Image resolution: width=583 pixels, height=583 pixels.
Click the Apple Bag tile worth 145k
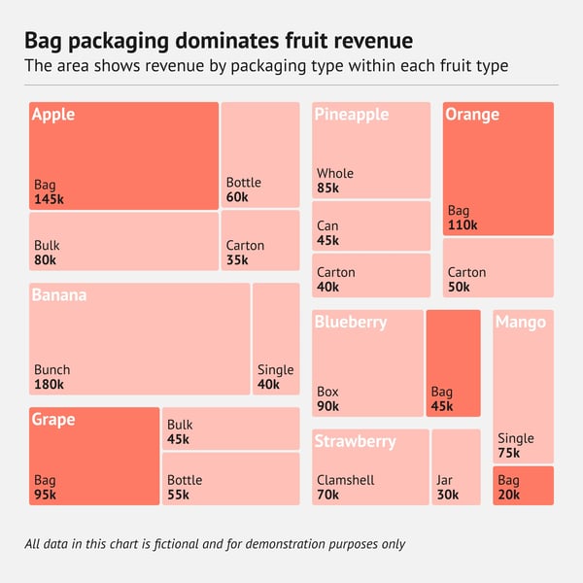[123, 155]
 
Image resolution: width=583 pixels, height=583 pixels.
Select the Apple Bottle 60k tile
[260, 154]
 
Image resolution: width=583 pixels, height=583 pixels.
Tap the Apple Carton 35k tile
[260, 240]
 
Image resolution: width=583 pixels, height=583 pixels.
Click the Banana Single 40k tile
[276, 338]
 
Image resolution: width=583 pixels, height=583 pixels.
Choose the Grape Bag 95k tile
[94, 456]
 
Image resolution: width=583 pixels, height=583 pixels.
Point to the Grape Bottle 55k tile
[231, 478]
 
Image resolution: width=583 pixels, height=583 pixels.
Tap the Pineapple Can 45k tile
[371, 225]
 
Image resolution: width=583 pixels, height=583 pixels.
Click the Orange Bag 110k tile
[497, 168]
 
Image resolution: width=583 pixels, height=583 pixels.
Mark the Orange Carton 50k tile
[497, 267]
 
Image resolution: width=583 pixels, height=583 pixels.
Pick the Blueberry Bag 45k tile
[453, 362]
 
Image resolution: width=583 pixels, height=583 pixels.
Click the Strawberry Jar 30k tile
[456, 466]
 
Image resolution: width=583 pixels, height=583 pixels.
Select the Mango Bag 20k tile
[523, 486]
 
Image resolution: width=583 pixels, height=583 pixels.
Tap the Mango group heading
[521, 323]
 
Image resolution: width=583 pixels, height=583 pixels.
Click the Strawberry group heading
[355, 441]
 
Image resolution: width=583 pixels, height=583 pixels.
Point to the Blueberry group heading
[350, 322]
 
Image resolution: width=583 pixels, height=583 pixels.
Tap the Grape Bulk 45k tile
[231, 429]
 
